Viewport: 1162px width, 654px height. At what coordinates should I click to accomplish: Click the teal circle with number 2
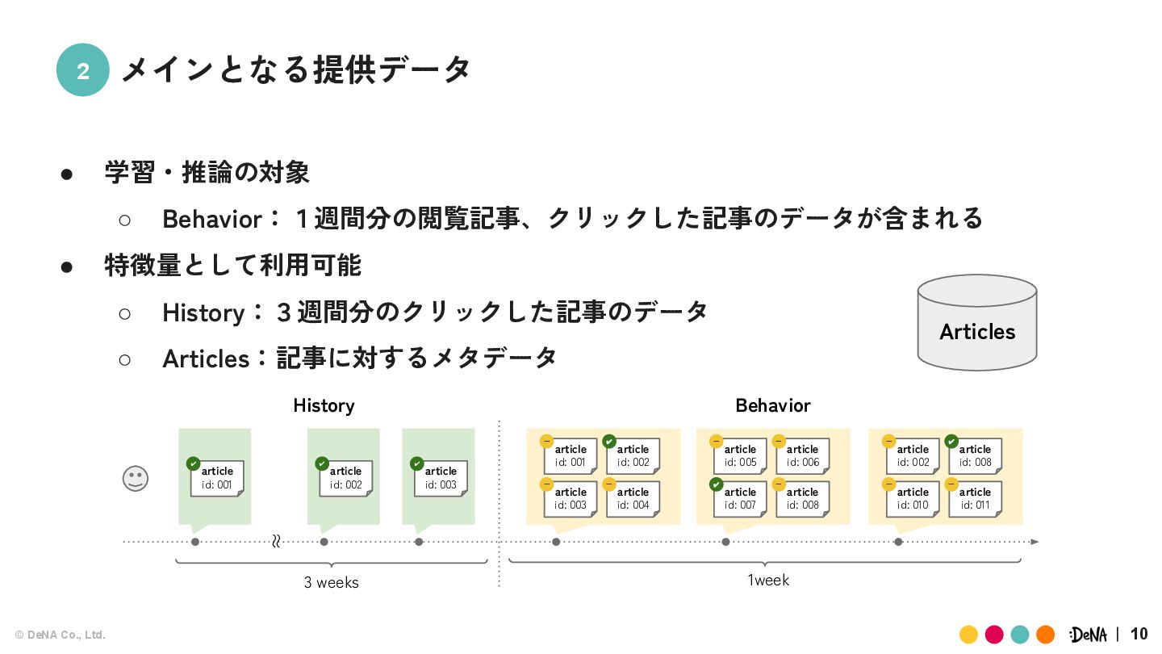pyautogui.click(x=82, y=70)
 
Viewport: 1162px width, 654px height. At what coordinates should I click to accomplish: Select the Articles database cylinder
pyautogui.click(x=976, y=323)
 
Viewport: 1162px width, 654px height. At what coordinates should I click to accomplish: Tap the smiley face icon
pyautogui.click(x=136, y=478)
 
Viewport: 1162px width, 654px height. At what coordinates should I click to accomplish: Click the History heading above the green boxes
pyautogui.click(x=324, y=405)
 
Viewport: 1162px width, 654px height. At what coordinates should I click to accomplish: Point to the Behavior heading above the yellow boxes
pyautogui.click(x=772, y=405)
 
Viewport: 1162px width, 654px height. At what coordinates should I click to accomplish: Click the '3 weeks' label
pyautogui.click(x=331, y=582)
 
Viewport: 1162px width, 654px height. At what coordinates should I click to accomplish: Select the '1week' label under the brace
pyautogui.click(x=767, y=580)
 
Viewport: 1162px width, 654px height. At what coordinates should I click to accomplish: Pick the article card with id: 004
pyautogui.click(x=633, y=499)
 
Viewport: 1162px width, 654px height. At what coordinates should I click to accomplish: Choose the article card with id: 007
pyautogui.click(x=741, y=499)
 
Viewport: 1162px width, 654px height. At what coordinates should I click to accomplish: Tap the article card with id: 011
pyautogui.click(x=975, y=499)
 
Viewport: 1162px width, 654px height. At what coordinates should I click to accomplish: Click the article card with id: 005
pyautogui.click(x=741, y=456)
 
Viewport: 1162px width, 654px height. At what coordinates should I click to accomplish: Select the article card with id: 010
pyautogui.click(x=913, y=499)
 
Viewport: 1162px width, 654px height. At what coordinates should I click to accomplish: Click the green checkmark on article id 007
pyautogui.click(x=716, y=484)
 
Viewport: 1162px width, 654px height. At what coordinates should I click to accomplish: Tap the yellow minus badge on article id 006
pyautogui.click(x=779, y=442)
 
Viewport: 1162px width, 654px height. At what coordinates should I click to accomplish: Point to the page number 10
pyautogui.click(x=1139, y=634)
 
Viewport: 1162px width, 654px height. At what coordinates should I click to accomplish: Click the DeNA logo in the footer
pyautogui.click(x=1088, y=635)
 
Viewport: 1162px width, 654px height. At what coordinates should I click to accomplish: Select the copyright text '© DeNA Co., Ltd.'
pyautogui.click(x=61, y=635)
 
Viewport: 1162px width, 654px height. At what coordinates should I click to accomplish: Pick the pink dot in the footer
pyautogui.click(x=994, y=635)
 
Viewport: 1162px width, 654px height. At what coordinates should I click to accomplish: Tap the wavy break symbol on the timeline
pyautogui.click(x=276, y=541)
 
